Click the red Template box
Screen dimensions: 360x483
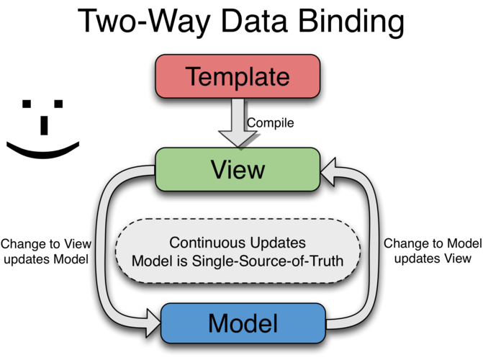[x=238, y=76]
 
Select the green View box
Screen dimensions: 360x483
[x=238, y=169]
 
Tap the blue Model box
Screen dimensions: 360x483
[x=243, y=323]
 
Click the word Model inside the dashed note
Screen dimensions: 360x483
[x=150, y=261]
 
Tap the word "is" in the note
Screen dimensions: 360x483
[x=180, y=261]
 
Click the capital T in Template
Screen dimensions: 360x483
[x=194, y=76]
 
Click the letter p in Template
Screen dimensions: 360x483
[x=243, y=79]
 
